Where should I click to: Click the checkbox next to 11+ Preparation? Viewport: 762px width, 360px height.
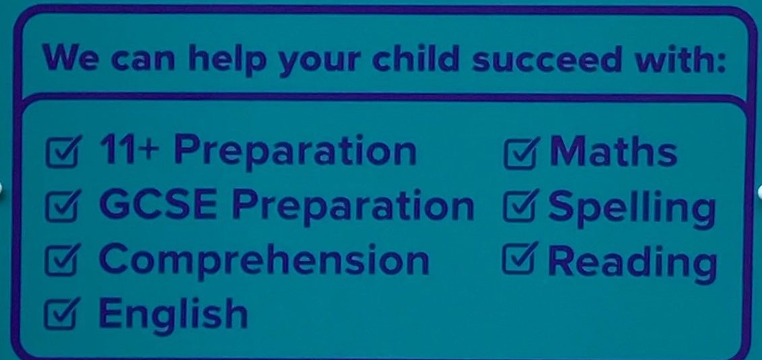(x=62, y=151)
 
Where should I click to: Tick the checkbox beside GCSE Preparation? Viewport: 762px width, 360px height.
(x=62, y=206)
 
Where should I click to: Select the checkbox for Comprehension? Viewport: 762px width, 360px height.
(x=62, y=260)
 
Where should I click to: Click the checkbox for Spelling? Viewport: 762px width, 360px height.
(x=520, y=205)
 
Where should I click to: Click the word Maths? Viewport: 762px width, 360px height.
(x=613, y=151)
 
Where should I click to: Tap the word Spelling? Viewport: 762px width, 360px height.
(x=632, y=209)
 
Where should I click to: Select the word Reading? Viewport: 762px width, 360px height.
(x=632, y=263)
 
